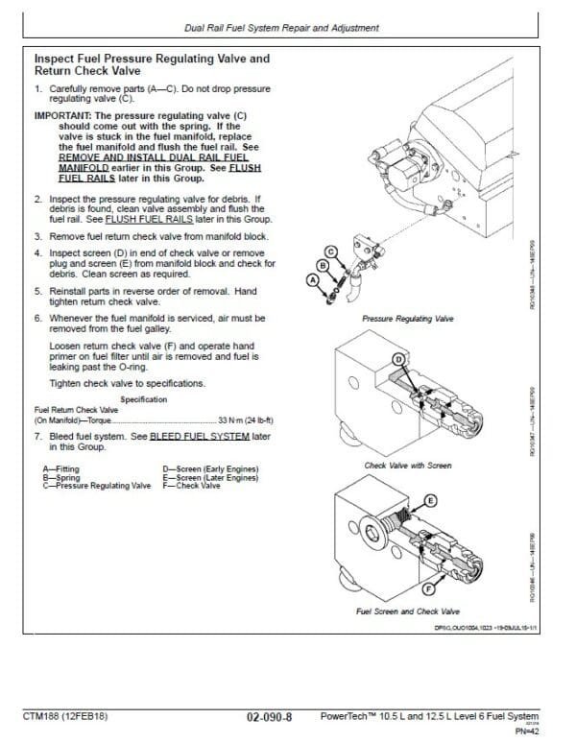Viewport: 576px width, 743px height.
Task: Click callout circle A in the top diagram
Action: [309, 280]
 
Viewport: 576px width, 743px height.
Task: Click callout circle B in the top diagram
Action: [324, 263]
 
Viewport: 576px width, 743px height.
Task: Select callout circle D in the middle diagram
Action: [398, 359]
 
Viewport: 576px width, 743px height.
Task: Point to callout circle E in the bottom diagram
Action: [429, 501]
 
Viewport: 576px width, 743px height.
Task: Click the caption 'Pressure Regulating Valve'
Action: [407, 316]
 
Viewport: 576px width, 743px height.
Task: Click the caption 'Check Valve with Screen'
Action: [407, 466]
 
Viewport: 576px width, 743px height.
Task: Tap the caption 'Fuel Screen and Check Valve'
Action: [407, 611]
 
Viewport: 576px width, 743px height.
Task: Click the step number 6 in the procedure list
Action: [37, 317]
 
